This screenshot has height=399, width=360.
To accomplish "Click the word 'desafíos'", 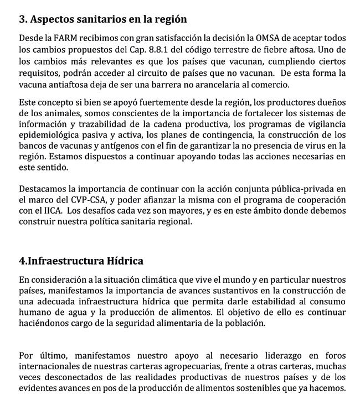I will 114,210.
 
